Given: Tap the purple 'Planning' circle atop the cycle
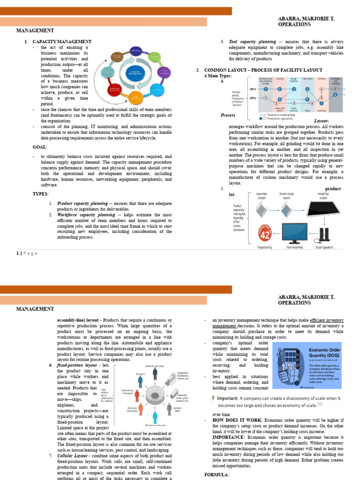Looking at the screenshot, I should point(136,50).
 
